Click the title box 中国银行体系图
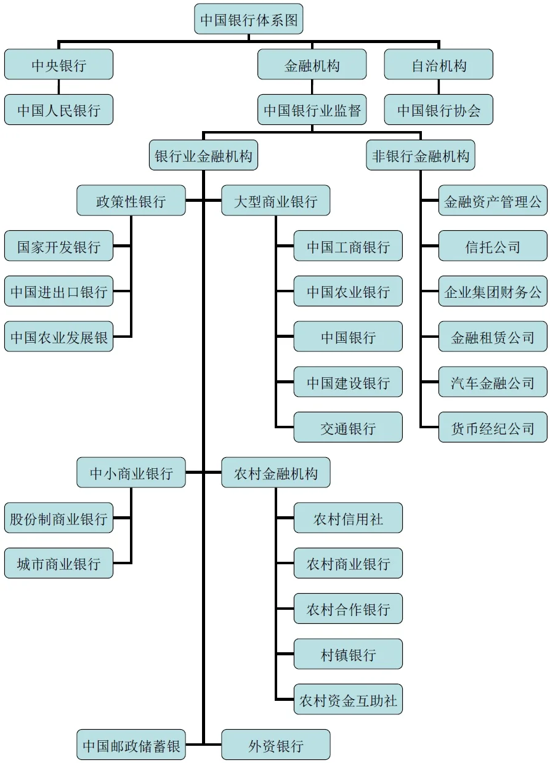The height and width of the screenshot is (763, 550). [249, 20]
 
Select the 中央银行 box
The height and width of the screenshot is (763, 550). [59, 65]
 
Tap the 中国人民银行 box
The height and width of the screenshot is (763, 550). [59, 110]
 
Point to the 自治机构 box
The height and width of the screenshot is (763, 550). [439, 65]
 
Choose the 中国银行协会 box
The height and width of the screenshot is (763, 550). [439, 110]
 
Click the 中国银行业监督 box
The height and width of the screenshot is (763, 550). [312, 110]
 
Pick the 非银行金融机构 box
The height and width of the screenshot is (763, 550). [421, 156]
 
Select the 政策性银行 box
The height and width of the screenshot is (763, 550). [131, 201]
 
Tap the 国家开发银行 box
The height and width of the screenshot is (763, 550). [59, 246]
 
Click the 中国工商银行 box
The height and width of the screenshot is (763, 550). [348, 246]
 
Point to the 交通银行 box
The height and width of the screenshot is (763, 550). [348, 428]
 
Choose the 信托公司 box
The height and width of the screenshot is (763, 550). [493, 246]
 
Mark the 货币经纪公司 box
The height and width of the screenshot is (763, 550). [493, 428]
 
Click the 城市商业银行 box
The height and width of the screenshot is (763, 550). [59, 564]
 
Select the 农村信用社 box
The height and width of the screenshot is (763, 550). [348, 518]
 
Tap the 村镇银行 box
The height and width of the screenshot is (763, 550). [348, 654]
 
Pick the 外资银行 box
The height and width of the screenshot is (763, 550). [275, 745]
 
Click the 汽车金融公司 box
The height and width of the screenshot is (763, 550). [493, 382]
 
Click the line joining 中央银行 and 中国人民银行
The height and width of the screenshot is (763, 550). [59, 87]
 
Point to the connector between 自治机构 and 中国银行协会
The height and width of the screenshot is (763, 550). [439, 87]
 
